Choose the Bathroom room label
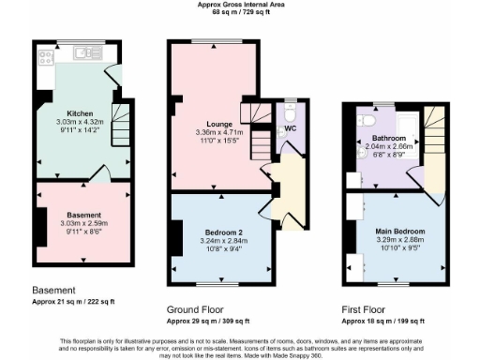pos(389,138)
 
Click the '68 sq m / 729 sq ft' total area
pos(239,13)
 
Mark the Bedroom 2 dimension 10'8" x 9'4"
pos(224,247)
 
